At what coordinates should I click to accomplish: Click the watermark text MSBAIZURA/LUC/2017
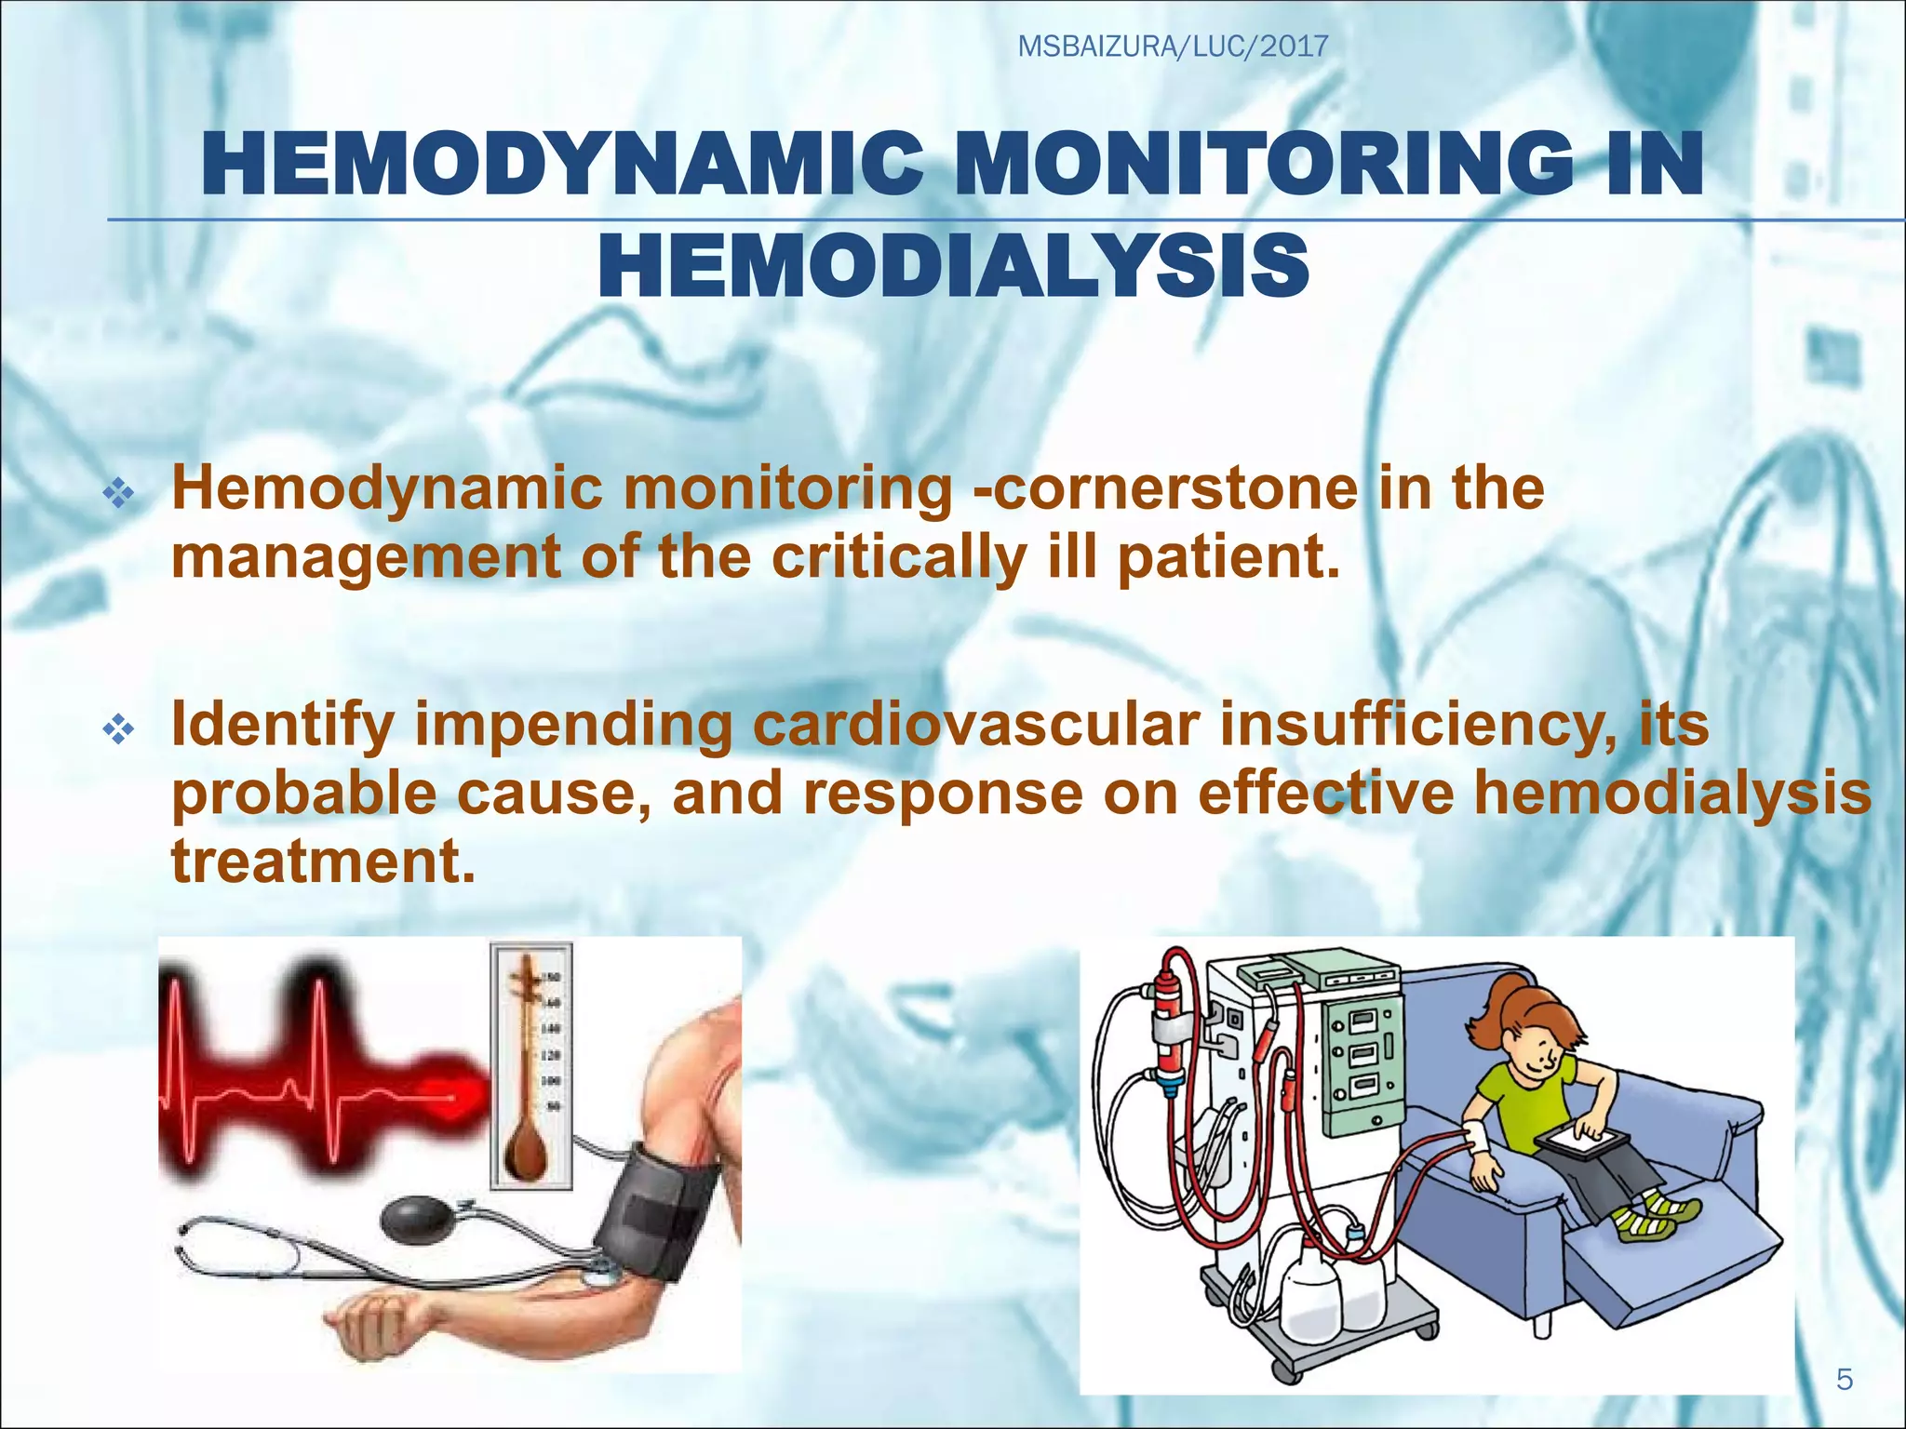[x=1173, y=46]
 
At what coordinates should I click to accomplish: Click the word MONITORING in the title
[x=1239, y=165]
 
